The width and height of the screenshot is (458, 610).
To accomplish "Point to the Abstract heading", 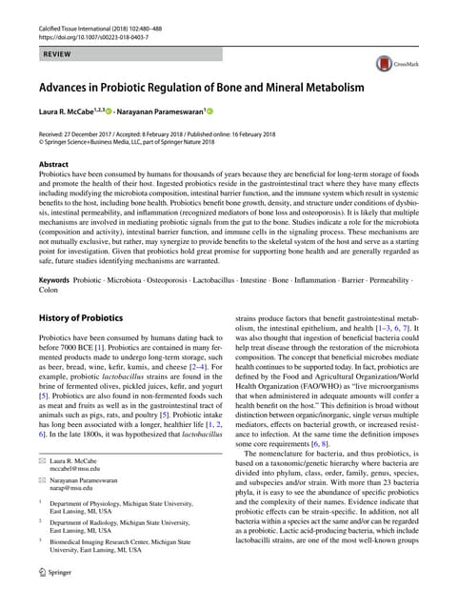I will [53, 164].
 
